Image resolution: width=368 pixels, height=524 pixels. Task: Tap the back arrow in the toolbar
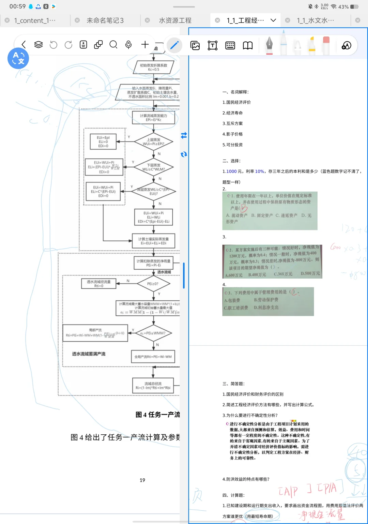pyautogui.click(x=24, y=45)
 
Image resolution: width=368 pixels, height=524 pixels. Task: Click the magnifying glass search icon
pyautogui.click(x=113, y=45)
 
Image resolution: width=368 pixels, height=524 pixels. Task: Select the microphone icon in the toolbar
pyautogui.click(x=128, y=45)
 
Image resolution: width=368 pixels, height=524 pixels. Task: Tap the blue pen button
pyautogui.click(x=174, y=45)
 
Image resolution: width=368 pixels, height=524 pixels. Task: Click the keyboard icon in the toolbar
pyautogui.click(x=230, y=45)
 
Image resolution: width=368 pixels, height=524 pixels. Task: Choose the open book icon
pyautogui.click(x=248, y=45)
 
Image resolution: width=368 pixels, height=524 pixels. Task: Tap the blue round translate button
pyautogui.click(x=18, y=58)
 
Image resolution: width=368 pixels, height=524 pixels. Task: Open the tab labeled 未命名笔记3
pyautogui.click(x=105, y=20)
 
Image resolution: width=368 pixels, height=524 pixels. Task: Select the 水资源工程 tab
pyautogui.click(x=175, y=20)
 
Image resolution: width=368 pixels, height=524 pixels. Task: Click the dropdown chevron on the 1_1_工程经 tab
pyautogui.click(x=273, y=20)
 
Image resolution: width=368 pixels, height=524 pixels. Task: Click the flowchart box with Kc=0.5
pyautogui.click(x=153, y=67)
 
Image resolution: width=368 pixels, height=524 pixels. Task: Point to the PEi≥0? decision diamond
pyautogui.click(x=153, y=284)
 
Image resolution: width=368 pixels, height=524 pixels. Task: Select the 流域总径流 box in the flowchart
pyautogui.click(x=153, y=386)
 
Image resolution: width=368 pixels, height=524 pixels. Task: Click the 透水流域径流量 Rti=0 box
pyautogui.click(x=99, y=284)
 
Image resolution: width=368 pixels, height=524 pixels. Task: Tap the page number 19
pyautogui.click(x=142, y=480)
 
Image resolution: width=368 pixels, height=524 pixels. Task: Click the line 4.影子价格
pyautogui.click(x=232, y=134)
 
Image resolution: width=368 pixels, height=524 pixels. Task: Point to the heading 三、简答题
pyautogui.click(x=233, y=384)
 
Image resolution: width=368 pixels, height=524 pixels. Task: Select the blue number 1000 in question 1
pyautogui.click(x=231, y=171)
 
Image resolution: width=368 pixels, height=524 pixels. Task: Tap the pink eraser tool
pyautogui.click(x=326, y=45)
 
